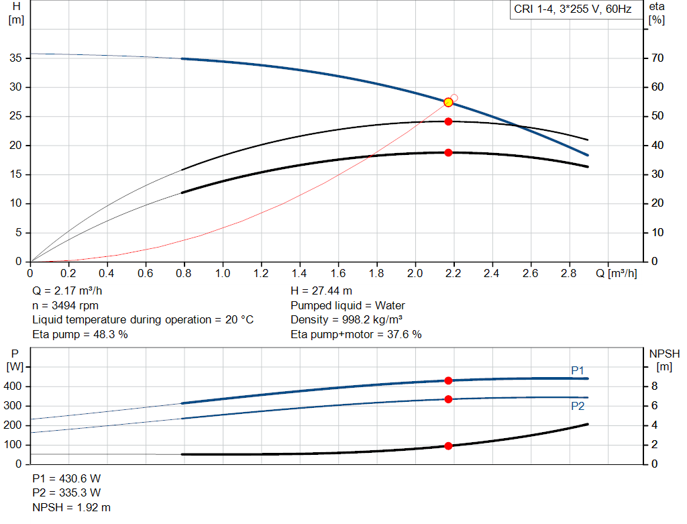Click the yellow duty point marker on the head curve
click(x=448, y=102)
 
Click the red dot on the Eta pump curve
click(x=448, y=121)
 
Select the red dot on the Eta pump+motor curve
click(x=448, y=152)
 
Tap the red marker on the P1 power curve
click(x=448, y=380)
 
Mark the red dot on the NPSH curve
click(x=448, y=446)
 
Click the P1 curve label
click(x=578, y=370)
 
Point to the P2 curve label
click(x=578, y=406)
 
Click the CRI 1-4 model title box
click(x=572, y=10)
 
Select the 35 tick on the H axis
click(x=17, y=58)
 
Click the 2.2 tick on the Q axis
click(x=454, y=274)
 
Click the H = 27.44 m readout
click(x=321, y=291)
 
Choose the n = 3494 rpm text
click(x=65, y=305)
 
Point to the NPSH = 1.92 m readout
click(x=72, y=507)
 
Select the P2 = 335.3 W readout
click(x=66, y=493)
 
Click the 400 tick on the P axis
click(x=15, y=386)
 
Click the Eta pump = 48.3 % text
click(x=80, y=334)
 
